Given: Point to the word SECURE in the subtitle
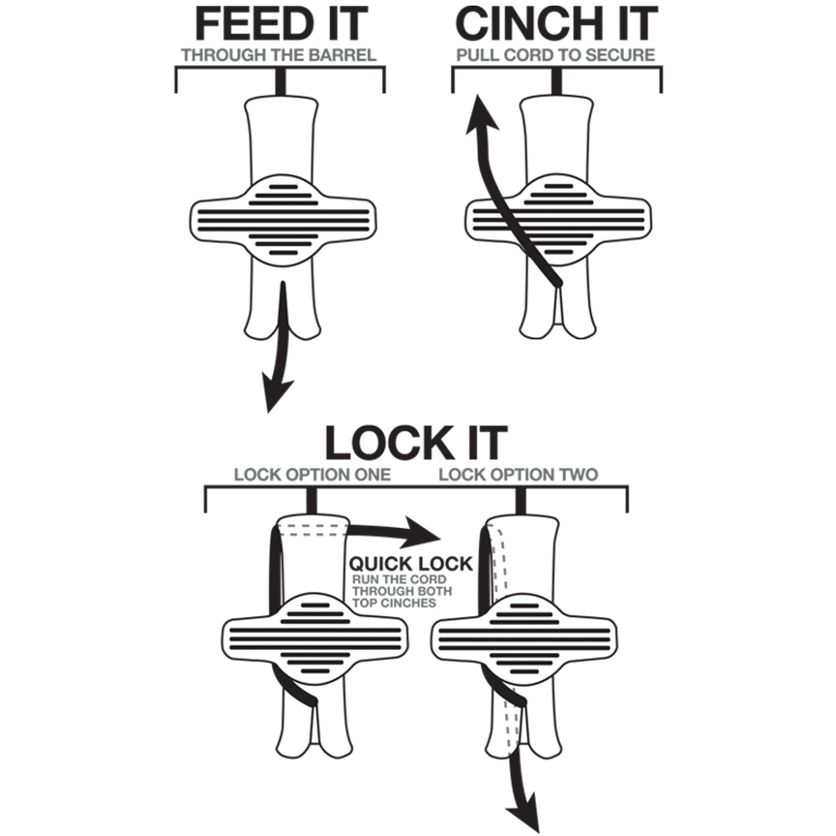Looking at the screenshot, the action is pyautogui.click(x=620, y=56).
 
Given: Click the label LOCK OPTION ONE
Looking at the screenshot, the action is pyautogui.click(x=312, y=475).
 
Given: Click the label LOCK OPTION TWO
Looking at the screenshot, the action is pyautogui.click(x=518, y=475).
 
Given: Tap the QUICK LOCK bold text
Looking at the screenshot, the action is pyautogui.click(x=410, y=564).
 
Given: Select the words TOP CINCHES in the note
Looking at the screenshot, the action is pyautogui.click(x=394, y=603).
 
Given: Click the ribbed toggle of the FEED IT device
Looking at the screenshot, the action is pyautogui.click(x=283, y=221).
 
